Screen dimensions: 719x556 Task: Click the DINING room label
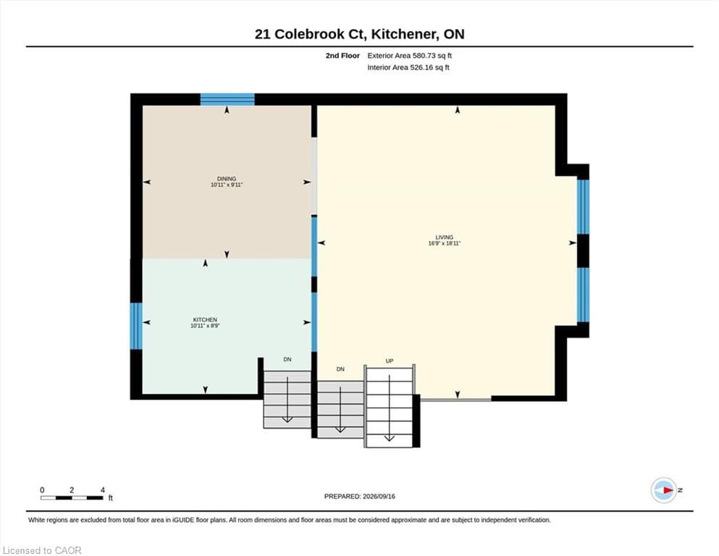coord(227,179)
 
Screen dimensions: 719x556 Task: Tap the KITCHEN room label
coord(205,319)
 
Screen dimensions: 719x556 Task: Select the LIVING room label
coord(444,237)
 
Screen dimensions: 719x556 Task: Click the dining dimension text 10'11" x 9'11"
coord(227,185)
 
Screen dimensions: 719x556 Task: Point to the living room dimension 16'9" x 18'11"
coord(444,243)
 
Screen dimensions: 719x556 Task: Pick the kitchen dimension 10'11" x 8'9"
coord(205,326)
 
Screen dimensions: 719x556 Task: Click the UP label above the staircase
coord(390,361)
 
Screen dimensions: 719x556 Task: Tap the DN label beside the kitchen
coord(287,359)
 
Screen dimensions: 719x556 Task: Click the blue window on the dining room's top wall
coord(227,99)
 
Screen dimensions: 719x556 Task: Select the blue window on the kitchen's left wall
coord(136,326)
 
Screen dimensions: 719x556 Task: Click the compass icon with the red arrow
coord(663,490)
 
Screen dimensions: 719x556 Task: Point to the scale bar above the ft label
coord(72,497)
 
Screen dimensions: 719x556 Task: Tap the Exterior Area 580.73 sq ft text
coord(410,56)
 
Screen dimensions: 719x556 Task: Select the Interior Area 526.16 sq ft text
coord(408,67)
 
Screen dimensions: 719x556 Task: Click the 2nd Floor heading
coord(342,56)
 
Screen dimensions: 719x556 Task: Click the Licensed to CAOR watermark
coord(42,550)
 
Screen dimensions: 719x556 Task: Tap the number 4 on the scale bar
coord(102,490)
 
